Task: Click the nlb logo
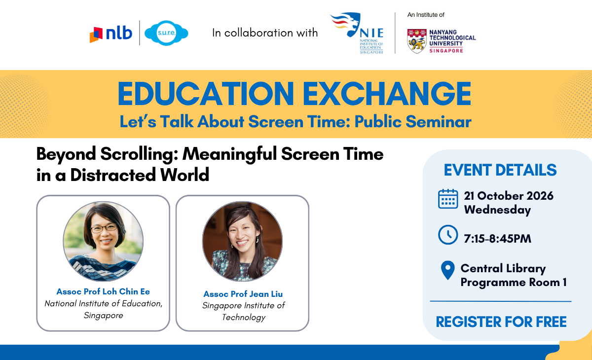point(111,34)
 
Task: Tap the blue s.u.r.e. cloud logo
point(166,33)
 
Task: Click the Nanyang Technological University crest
point(417,41)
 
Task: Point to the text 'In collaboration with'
point(265,33)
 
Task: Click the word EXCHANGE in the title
point(387,94)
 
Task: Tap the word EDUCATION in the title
point(206,94)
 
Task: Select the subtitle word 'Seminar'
point(439,122)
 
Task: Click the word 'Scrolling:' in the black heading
point(139,154)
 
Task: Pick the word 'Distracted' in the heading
point(113,175)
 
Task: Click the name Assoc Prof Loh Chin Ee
point(103,291)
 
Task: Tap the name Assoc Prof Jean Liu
point(243,294)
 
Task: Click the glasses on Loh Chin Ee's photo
point(104,228)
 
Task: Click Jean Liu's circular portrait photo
point(242,241)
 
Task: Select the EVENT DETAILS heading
point(500,170)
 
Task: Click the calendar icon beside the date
point(448,199)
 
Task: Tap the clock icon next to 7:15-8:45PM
point(448,235)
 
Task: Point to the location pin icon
point(448,270)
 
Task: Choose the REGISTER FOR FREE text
point(501,322)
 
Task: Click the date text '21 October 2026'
point(509,196)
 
